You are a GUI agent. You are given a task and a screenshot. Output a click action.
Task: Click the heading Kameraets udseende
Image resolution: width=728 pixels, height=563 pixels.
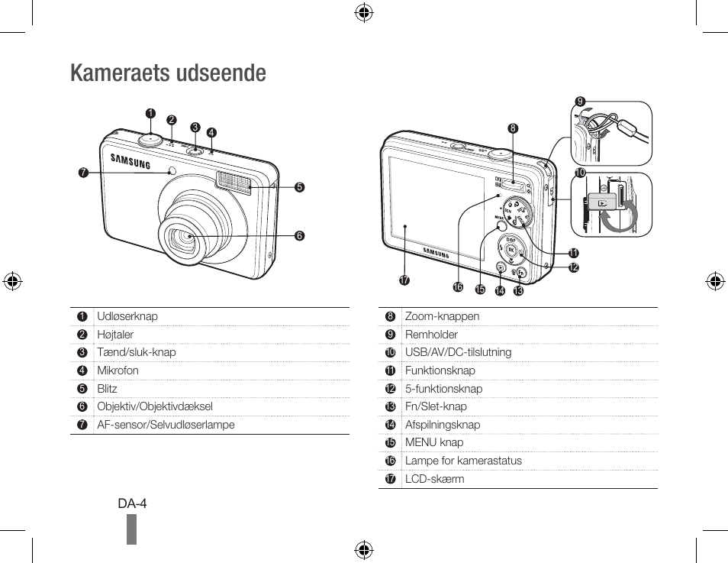point(168,73)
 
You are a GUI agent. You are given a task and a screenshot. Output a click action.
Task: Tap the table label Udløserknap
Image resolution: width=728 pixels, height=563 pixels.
point(127,316)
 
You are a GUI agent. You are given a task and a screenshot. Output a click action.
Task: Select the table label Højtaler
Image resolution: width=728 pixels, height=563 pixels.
point(115,335)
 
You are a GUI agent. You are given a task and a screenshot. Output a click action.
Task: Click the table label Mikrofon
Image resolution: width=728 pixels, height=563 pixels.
point(118,370)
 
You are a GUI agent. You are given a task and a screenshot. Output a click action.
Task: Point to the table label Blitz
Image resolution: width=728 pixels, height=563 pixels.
point(107,389)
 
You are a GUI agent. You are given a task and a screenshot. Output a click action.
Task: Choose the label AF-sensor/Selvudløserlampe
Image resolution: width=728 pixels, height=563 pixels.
point(166,425)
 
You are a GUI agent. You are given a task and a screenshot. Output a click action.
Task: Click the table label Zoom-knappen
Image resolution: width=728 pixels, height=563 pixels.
point(442,316)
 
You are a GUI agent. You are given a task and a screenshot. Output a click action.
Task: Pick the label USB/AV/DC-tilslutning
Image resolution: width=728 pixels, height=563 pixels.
point(458,352)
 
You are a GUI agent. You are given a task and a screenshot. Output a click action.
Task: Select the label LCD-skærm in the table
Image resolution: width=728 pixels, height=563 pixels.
point(434,479)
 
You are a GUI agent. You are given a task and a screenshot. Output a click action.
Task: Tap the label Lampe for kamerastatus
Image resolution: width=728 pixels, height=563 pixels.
point(463,461)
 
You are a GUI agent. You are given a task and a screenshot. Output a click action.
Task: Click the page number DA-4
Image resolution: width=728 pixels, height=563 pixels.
point(132,503)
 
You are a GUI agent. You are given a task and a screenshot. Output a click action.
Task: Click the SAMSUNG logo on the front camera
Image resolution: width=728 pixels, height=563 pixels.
point(130,161)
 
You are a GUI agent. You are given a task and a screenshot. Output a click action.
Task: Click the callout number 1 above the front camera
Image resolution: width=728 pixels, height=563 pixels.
point(150,114)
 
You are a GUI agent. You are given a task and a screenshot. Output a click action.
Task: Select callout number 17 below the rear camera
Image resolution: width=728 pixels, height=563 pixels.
point(404,280)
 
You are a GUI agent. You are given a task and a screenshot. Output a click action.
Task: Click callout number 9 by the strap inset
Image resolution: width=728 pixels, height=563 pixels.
point(580,102)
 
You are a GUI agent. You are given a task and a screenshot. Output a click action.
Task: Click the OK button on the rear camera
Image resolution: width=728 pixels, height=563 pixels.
point(511,250)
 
